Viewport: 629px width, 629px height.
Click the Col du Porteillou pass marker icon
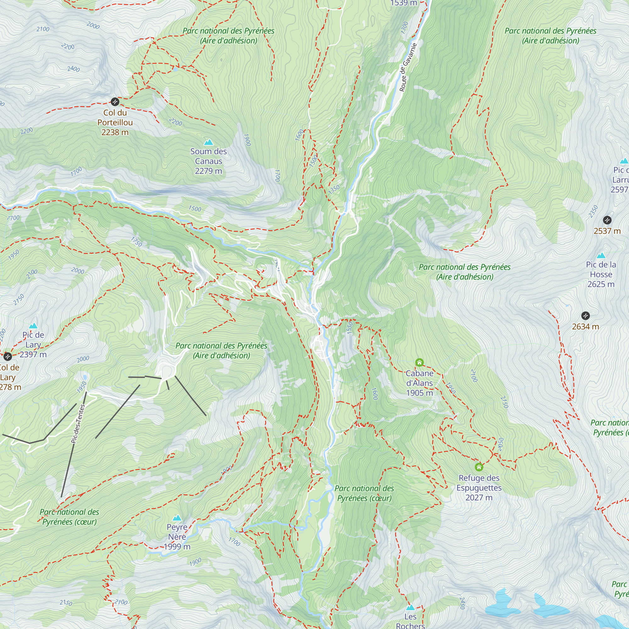[115, 102]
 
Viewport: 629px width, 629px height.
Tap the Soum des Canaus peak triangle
[209, 142]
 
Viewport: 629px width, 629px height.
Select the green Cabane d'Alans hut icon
[419, 362]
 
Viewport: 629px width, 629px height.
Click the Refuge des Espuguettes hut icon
[479, 467]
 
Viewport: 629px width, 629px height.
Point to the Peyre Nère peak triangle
[177, 518]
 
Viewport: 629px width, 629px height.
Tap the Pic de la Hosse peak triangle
[601, 256]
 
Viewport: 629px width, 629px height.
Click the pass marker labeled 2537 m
[607, 220]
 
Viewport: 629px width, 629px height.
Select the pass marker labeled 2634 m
[585, 315]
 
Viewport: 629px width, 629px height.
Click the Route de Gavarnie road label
[408, 67]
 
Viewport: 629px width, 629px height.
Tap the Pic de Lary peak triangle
[33, 326]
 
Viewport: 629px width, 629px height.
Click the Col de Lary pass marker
[8, 357]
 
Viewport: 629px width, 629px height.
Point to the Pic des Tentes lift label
[78, 424]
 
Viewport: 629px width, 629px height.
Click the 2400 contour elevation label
[74, 69]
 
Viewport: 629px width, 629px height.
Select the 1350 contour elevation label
[334, 189]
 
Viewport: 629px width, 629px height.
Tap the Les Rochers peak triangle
[410, 607]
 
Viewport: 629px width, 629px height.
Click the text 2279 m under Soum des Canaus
[209, 171]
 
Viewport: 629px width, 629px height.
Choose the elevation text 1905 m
[419, 393]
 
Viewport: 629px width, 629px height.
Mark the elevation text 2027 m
[479, 498]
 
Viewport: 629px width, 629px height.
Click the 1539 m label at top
[404, 3]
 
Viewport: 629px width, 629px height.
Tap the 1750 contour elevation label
[137, 242]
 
